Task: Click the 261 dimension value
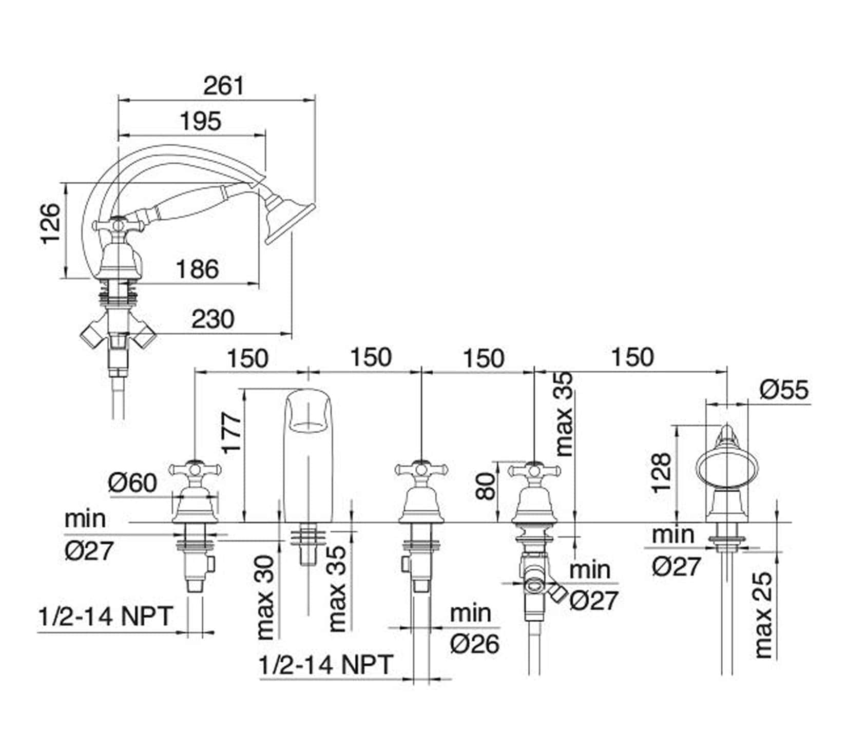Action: click(224, 86)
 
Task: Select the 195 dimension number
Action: click(201, 122)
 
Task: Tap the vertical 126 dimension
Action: click(51, 224)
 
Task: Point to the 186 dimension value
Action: click(197, 269)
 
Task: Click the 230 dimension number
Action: click(213, 319)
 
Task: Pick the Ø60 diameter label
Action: click(132, 483)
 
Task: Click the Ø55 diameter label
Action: click(784, 390)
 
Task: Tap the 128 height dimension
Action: click(661, 473)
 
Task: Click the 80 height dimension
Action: click(486, 486)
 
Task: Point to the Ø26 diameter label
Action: click(474, 644)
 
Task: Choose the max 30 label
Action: click(265, 598)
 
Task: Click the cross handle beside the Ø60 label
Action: click(195, 470)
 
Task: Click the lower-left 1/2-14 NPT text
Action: click(105, 616)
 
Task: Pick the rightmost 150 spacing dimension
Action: click(632, 357)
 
